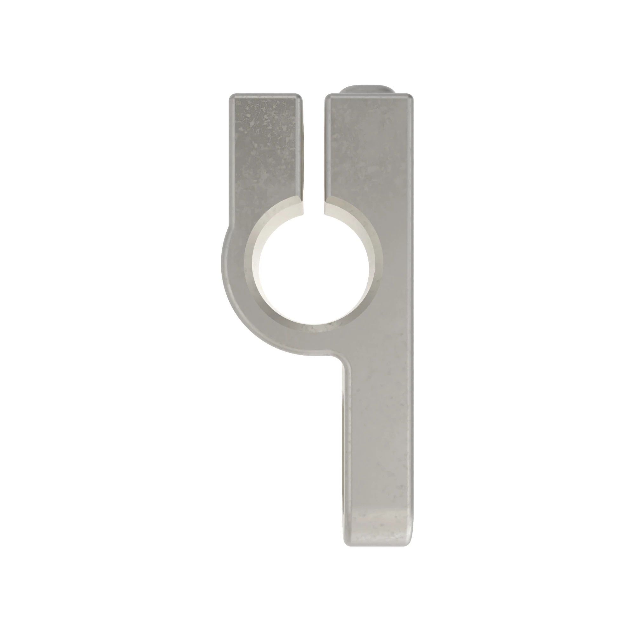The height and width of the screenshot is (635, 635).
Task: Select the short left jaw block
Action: [265, 148]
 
